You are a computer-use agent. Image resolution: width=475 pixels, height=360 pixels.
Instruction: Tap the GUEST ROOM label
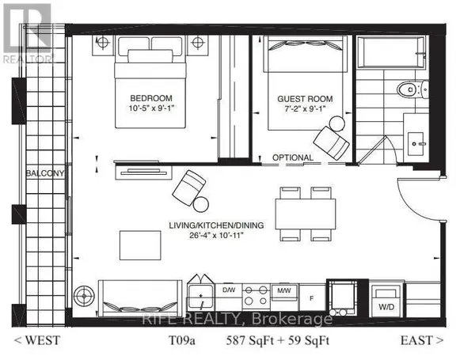[x=304, y=100]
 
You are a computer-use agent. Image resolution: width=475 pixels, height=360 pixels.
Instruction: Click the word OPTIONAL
[x=293, y=157]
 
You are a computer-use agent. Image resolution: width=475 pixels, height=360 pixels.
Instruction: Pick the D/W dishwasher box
[x=230, y=290]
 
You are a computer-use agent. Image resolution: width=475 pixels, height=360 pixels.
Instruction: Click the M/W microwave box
[x=283, y=290]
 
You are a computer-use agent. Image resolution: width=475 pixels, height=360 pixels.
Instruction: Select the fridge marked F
[x=311, y=298]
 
